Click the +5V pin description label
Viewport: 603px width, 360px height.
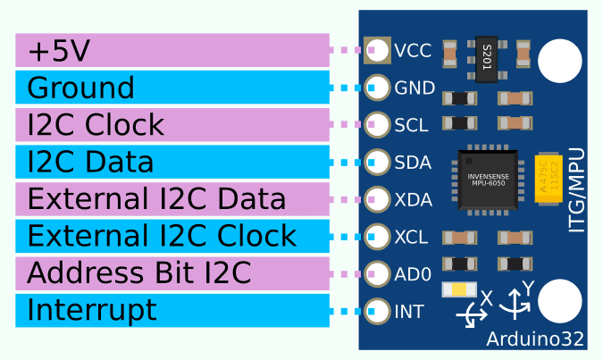tap(172, 51)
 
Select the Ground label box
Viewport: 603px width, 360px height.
tap(172, 88)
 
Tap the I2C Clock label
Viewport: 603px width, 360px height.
tap(172, 125)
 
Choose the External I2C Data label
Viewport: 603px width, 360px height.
tap(172, 198)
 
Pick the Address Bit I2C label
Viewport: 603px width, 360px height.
tap(172, 272)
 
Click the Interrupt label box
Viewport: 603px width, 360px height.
tap(172, 310)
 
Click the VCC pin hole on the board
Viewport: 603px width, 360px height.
tap(377, 50)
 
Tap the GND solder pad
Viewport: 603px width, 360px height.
tap(377, 88)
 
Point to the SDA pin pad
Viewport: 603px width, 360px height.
tap(377, 162)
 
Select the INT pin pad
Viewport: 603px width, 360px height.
tap(377, 312)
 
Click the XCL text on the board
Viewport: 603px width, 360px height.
tap(412, 238)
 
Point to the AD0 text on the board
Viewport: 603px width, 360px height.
tap(413, 275)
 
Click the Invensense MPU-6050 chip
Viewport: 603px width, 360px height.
tap(488, 180)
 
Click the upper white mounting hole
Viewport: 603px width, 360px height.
tap(560, 60)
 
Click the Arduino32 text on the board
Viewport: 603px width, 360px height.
tap(535, 339)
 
